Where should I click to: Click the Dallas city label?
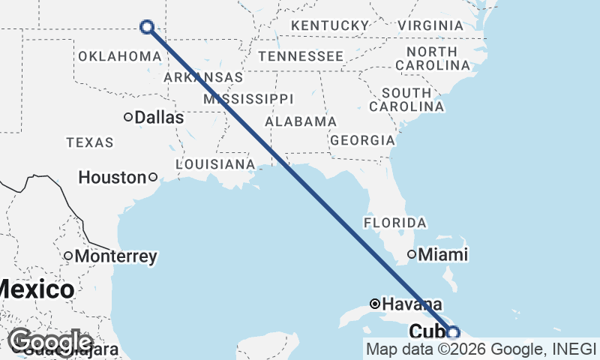point(159,118)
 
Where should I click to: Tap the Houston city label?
point(112,178)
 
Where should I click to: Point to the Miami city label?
point(442,255)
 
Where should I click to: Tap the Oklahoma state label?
point(120,56)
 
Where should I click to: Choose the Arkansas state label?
point(203,77)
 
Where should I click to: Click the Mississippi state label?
point(247,99)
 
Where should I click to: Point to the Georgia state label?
point(362,140)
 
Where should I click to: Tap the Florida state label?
point(394,223)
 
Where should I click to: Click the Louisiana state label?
point(215,163)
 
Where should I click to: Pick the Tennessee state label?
point(300,56)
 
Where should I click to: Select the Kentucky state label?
point(330,26)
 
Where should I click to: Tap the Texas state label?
point(89,142)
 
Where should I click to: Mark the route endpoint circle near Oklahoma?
point(147,27)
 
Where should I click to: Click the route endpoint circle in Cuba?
point(453,332)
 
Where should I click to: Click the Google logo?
point(51,343)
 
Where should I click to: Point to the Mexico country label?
point(36,289)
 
